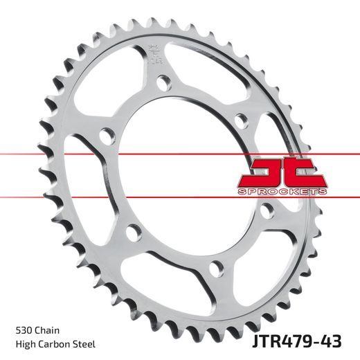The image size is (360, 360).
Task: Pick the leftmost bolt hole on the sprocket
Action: (107, 135)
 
